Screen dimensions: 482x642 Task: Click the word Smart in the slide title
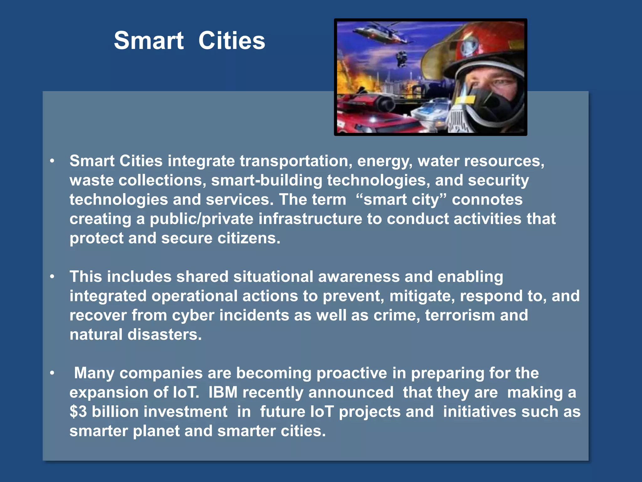[149, 41]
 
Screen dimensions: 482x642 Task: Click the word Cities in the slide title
[232, 41]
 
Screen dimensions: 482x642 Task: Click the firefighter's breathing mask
[489, 107]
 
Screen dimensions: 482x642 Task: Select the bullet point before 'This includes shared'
[52, 276]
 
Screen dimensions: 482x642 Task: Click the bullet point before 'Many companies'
[52, 373]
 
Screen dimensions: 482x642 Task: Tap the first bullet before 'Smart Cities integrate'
[52, 161]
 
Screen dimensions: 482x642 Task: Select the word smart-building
[266, 180]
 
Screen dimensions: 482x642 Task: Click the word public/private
[201, 219]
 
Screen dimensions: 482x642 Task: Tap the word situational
[273, 277]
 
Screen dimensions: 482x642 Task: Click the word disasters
[165, 335]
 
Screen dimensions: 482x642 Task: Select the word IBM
[223, 392]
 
